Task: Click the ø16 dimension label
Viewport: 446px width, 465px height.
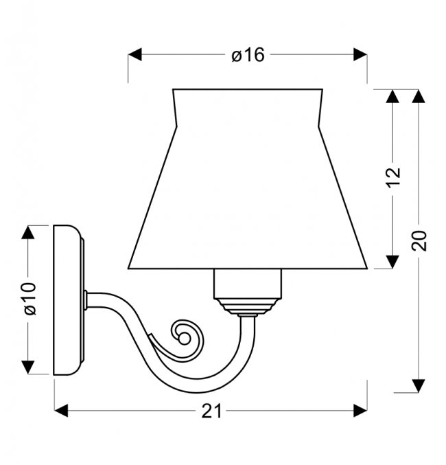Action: click(248, 55)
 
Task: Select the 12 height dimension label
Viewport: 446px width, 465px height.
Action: click(393, 177)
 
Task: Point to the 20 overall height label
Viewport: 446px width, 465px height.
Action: click(419, 240)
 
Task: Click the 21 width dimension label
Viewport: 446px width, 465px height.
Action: click(211, 411)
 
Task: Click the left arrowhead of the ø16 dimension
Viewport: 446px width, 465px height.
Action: click(135, 54)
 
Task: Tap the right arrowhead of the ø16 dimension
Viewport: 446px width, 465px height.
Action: click(360, 54)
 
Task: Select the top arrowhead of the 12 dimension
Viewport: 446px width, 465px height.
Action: click(393, 96)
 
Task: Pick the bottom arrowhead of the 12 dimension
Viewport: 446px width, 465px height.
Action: click(393, 262)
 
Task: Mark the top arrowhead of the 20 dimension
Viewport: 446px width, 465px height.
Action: click(419, 96)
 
